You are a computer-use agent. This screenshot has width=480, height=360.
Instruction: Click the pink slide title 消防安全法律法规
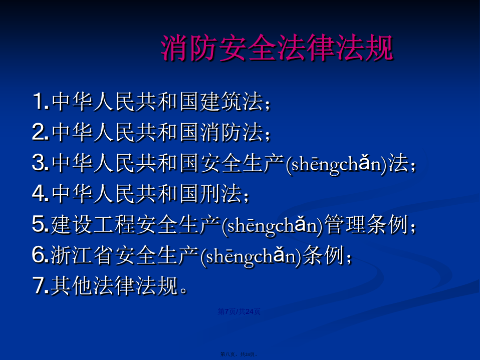point(277,48)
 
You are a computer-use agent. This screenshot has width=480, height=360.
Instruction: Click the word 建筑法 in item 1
point(232,101)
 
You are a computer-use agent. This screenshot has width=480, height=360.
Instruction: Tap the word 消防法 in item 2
point(232,132)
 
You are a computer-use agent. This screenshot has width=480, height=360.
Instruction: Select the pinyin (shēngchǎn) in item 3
point(336,164)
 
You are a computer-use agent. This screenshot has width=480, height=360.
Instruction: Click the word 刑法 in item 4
point(221,194)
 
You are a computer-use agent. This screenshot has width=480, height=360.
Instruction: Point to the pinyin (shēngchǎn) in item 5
point(272,225)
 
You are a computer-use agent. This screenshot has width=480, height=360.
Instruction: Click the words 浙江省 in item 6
point(82,255)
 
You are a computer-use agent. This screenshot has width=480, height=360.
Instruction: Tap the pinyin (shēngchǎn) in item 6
point(251,256)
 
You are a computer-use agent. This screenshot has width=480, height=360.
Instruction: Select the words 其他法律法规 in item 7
point(114,286)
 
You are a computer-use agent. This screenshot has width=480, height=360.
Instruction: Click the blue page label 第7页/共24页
point(239,311)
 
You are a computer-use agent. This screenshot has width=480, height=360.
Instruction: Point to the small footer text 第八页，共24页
point(238,354)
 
